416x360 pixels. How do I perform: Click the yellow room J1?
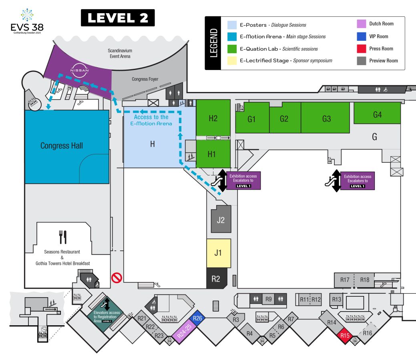click(219, 253)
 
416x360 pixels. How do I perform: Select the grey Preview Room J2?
click(221, 219)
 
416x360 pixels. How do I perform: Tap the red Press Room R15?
click(344, 336)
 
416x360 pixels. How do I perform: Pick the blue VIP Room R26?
click(197, 318)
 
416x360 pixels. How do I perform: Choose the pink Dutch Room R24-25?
click(184, 331)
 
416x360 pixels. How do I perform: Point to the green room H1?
click(213, 154)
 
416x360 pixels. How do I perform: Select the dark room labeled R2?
click(217, 278)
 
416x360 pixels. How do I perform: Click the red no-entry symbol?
click(117, 278)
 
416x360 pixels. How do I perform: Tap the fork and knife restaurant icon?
click(62, 237)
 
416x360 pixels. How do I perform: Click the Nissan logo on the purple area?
click(79, 70)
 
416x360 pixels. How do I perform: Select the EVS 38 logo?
click(27, 21)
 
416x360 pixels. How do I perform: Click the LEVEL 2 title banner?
click(118, 18)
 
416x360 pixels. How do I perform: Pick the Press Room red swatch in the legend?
click(361, 49)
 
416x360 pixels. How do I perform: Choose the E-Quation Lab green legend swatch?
click(232, 49)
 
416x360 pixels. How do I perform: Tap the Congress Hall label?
click(62, 146)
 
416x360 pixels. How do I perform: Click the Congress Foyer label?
click(145, 79)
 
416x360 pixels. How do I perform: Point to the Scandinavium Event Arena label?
click(120, 53)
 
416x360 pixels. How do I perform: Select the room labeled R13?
click(336, 300)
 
